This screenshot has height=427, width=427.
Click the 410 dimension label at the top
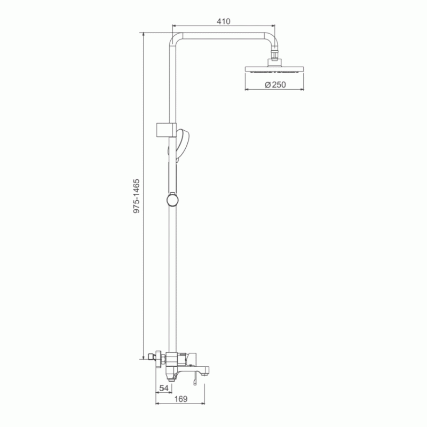[223, 21]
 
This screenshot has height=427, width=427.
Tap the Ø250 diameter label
[275, 85]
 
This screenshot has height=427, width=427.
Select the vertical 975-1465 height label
[136, 196]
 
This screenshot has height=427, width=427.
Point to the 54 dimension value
[164, 388]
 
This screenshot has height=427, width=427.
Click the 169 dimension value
[181, 399]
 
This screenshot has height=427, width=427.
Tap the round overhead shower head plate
[274, 69]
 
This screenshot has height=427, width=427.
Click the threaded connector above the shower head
[274, 54]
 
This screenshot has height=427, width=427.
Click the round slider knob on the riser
[172, 200]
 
